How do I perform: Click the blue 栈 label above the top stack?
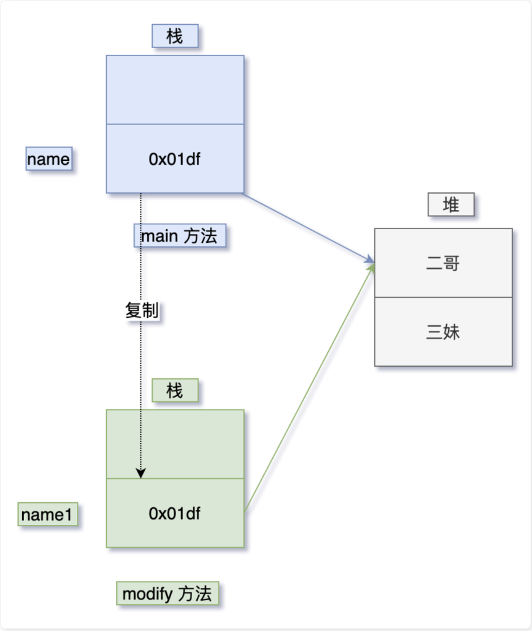click(175, 36)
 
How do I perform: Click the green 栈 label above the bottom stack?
click(175, 390)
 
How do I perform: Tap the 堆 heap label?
click(451, 205)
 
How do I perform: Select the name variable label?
click(49, 158)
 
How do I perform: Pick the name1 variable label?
click(47, 514)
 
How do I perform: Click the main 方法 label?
click(180, 235)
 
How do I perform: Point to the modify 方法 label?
click(167, 593)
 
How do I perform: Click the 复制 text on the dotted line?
click(142, 311)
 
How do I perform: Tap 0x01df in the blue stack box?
click(174, 160)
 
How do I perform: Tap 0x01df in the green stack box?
click(174, 513)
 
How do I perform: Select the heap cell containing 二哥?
click(443, 263)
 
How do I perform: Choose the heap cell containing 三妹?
click(443, 332)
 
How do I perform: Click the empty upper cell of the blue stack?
click(175, 90)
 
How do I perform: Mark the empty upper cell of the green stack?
click(175, 444)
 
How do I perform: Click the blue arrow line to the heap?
click(309, 228)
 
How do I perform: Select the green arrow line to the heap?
click(309, 388)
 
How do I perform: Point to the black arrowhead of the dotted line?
click(141, 473)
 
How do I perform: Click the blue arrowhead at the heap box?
click(369, 260)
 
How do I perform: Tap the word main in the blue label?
click(159, 236)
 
